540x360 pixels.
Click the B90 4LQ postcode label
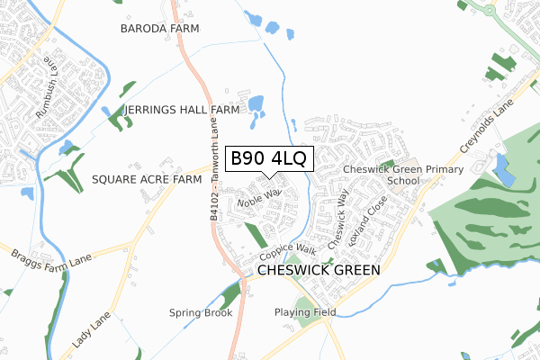(268, 159)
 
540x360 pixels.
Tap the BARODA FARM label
(157, 29)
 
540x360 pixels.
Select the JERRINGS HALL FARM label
(183, 110)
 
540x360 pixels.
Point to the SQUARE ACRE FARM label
(146, 180)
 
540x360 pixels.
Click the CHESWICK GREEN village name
(319, 269)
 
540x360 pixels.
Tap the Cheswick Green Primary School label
(403, 175)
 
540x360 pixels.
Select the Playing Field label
(305, 312)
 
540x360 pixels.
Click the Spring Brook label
(201, 313)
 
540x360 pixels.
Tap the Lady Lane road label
(90, 331)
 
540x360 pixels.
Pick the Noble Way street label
(259, 196)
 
